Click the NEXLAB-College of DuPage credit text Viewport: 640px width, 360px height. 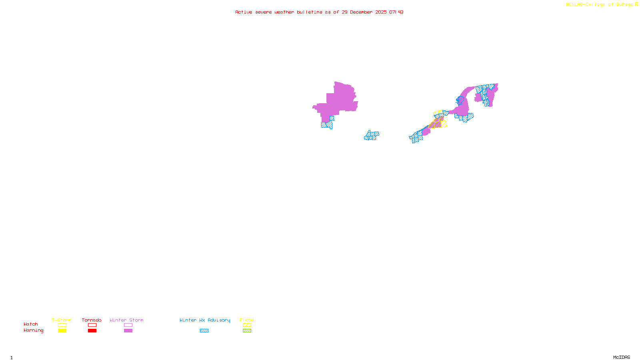pos(600,5)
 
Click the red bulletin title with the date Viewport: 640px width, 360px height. pos(319,12)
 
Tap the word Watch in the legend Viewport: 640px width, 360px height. pos(31,324)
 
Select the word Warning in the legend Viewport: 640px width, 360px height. pos(33,330)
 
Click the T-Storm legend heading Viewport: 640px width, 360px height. pos(62,320)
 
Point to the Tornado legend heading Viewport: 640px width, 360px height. pos(92,320)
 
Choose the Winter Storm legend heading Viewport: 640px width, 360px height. pos(126,320)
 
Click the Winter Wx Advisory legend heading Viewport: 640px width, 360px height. pos(205,320)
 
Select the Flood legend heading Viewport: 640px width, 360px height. pos(247,320)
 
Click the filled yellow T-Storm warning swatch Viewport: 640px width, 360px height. pos(62,331)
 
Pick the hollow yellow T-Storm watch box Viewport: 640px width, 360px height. pos(62,325)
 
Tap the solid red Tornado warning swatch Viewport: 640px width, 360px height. pos(92,331)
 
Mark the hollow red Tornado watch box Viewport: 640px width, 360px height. pos(92,325)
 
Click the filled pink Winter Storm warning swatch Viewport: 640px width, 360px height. pos(128,331)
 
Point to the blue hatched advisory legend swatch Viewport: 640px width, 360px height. pos(204,331)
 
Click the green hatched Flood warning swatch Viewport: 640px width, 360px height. pos(247,331)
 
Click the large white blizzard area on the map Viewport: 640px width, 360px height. pos(314,117)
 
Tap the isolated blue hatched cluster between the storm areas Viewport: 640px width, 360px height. pos(372,136)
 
